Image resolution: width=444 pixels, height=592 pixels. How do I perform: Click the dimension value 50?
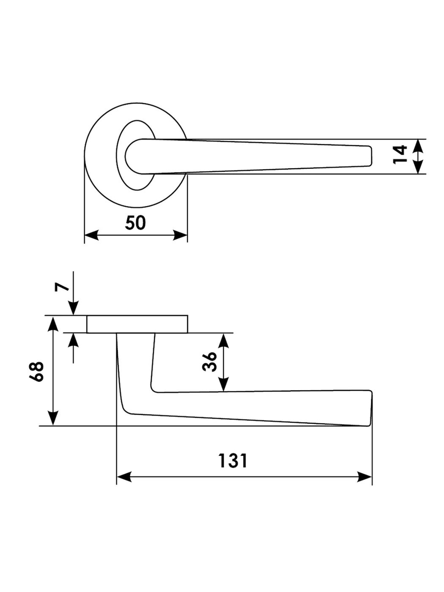[x=135, y=223]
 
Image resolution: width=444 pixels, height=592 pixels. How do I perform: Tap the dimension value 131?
[x=233, y=460]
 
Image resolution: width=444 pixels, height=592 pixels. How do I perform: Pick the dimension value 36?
[x=210, y=362]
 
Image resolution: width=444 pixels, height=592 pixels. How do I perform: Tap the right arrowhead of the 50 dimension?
[x=181, y=236]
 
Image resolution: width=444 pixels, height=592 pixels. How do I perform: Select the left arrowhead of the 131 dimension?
[x=123, y=477]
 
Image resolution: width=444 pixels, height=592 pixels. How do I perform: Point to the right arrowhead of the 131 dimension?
[x=365, y=477]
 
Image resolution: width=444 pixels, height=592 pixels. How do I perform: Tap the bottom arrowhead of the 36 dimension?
[x=224, y=385]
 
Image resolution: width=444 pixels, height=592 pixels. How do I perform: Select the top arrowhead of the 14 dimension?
[x=418, y=145]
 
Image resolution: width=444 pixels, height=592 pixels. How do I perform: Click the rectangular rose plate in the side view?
[x=137, y=324]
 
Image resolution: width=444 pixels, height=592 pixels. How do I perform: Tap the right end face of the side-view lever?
[x=371, y=408]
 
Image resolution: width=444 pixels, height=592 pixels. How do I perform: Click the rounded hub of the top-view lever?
[x=135, y=156]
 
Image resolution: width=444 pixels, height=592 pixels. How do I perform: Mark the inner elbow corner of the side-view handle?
[x=153, y=389]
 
